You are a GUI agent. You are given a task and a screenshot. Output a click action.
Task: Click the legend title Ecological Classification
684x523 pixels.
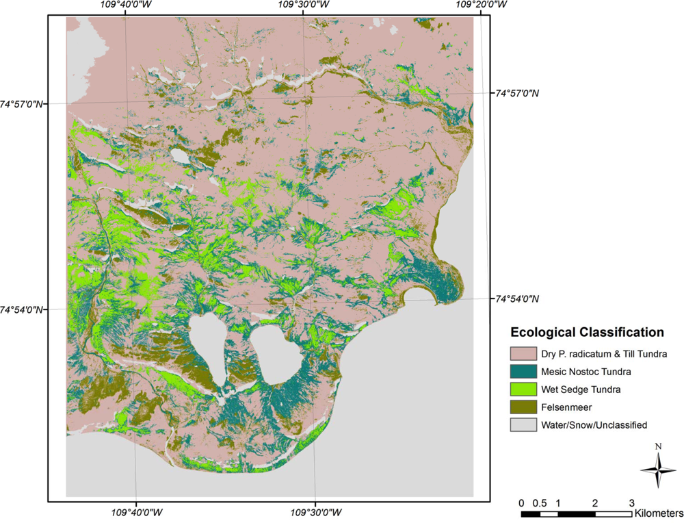587,333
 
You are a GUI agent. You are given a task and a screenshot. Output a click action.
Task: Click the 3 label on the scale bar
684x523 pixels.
631,503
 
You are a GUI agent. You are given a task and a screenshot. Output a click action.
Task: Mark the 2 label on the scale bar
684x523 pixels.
595,503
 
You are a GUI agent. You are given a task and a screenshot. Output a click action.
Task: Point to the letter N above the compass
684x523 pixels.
658,447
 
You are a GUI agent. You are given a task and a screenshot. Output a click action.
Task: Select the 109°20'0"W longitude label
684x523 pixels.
481,5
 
